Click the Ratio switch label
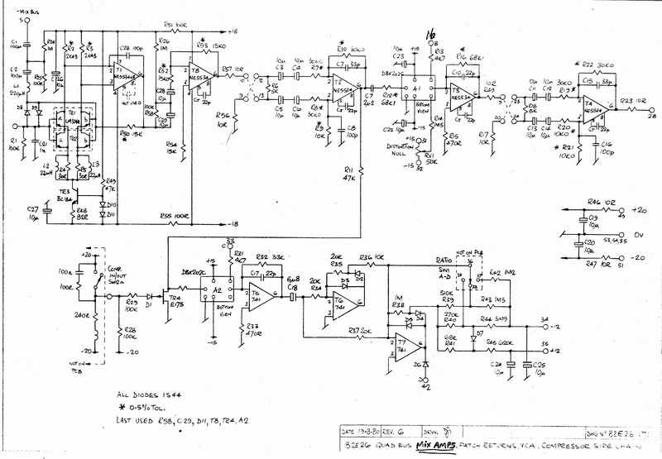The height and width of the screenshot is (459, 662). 443,260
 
